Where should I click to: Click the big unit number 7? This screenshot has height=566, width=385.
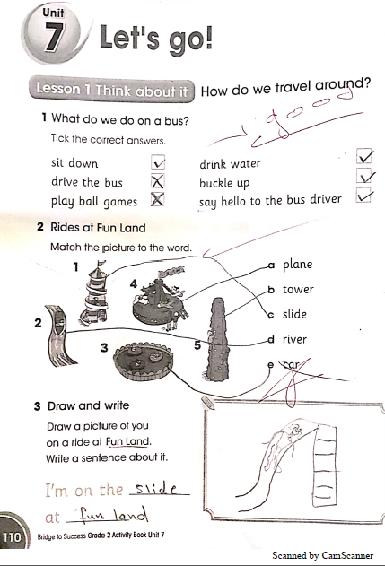[x=54, y=37]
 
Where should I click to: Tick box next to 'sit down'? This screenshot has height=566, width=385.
[x=158, y=162]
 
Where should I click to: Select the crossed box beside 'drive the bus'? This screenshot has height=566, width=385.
[x=157, y=181]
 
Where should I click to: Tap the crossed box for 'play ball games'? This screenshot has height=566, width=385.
[x=157, y=199]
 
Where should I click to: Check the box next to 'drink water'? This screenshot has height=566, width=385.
[x=363, y=156]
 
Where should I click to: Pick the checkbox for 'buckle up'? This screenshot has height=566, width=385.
[x=363, y=176]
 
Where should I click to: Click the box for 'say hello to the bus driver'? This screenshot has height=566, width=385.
[x=363, y=195]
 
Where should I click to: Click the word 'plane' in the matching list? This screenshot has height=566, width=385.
[x=297, y=265]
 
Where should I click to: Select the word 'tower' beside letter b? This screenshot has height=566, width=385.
[x=298, y=290]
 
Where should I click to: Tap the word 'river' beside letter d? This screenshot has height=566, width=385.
[x=294, y=339]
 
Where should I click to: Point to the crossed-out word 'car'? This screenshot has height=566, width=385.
[x=291, y=364]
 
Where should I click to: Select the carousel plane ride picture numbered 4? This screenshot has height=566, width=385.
[x=160, y=300]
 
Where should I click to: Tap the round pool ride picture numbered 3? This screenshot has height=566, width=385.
[x=143, y=361]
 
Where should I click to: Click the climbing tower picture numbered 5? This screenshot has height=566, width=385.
[x=217, y=339]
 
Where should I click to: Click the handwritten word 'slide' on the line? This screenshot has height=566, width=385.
[x=155, y=488]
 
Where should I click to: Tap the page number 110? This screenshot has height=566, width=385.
[x=12, y=536]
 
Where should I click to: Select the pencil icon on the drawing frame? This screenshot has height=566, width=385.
[x=207, y=403]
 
